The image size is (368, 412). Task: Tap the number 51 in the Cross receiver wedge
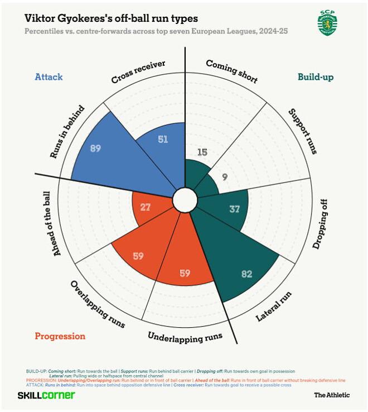tap(163, 139)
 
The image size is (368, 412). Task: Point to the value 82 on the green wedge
tap(247, 274)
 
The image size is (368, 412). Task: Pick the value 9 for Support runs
tap(225, 177)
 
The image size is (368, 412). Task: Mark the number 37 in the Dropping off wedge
tap(235, 209)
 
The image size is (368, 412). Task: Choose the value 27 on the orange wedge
tap(145, 207)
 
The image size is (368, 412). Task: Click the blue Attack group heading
tap(49, 76)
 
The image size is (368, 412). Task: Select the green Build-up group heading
tap(315, 76)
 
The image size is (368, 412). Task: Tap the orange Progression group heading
tap(60, 336)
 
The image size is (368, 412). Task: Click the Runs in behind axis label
tap(67, 131)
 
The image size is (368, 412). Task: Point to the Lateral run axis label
tap(274, 306)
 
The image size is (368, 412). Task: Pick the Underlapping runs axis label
tap(185, 337)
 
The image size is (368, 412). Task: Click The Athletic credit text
tap(332, 395)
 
